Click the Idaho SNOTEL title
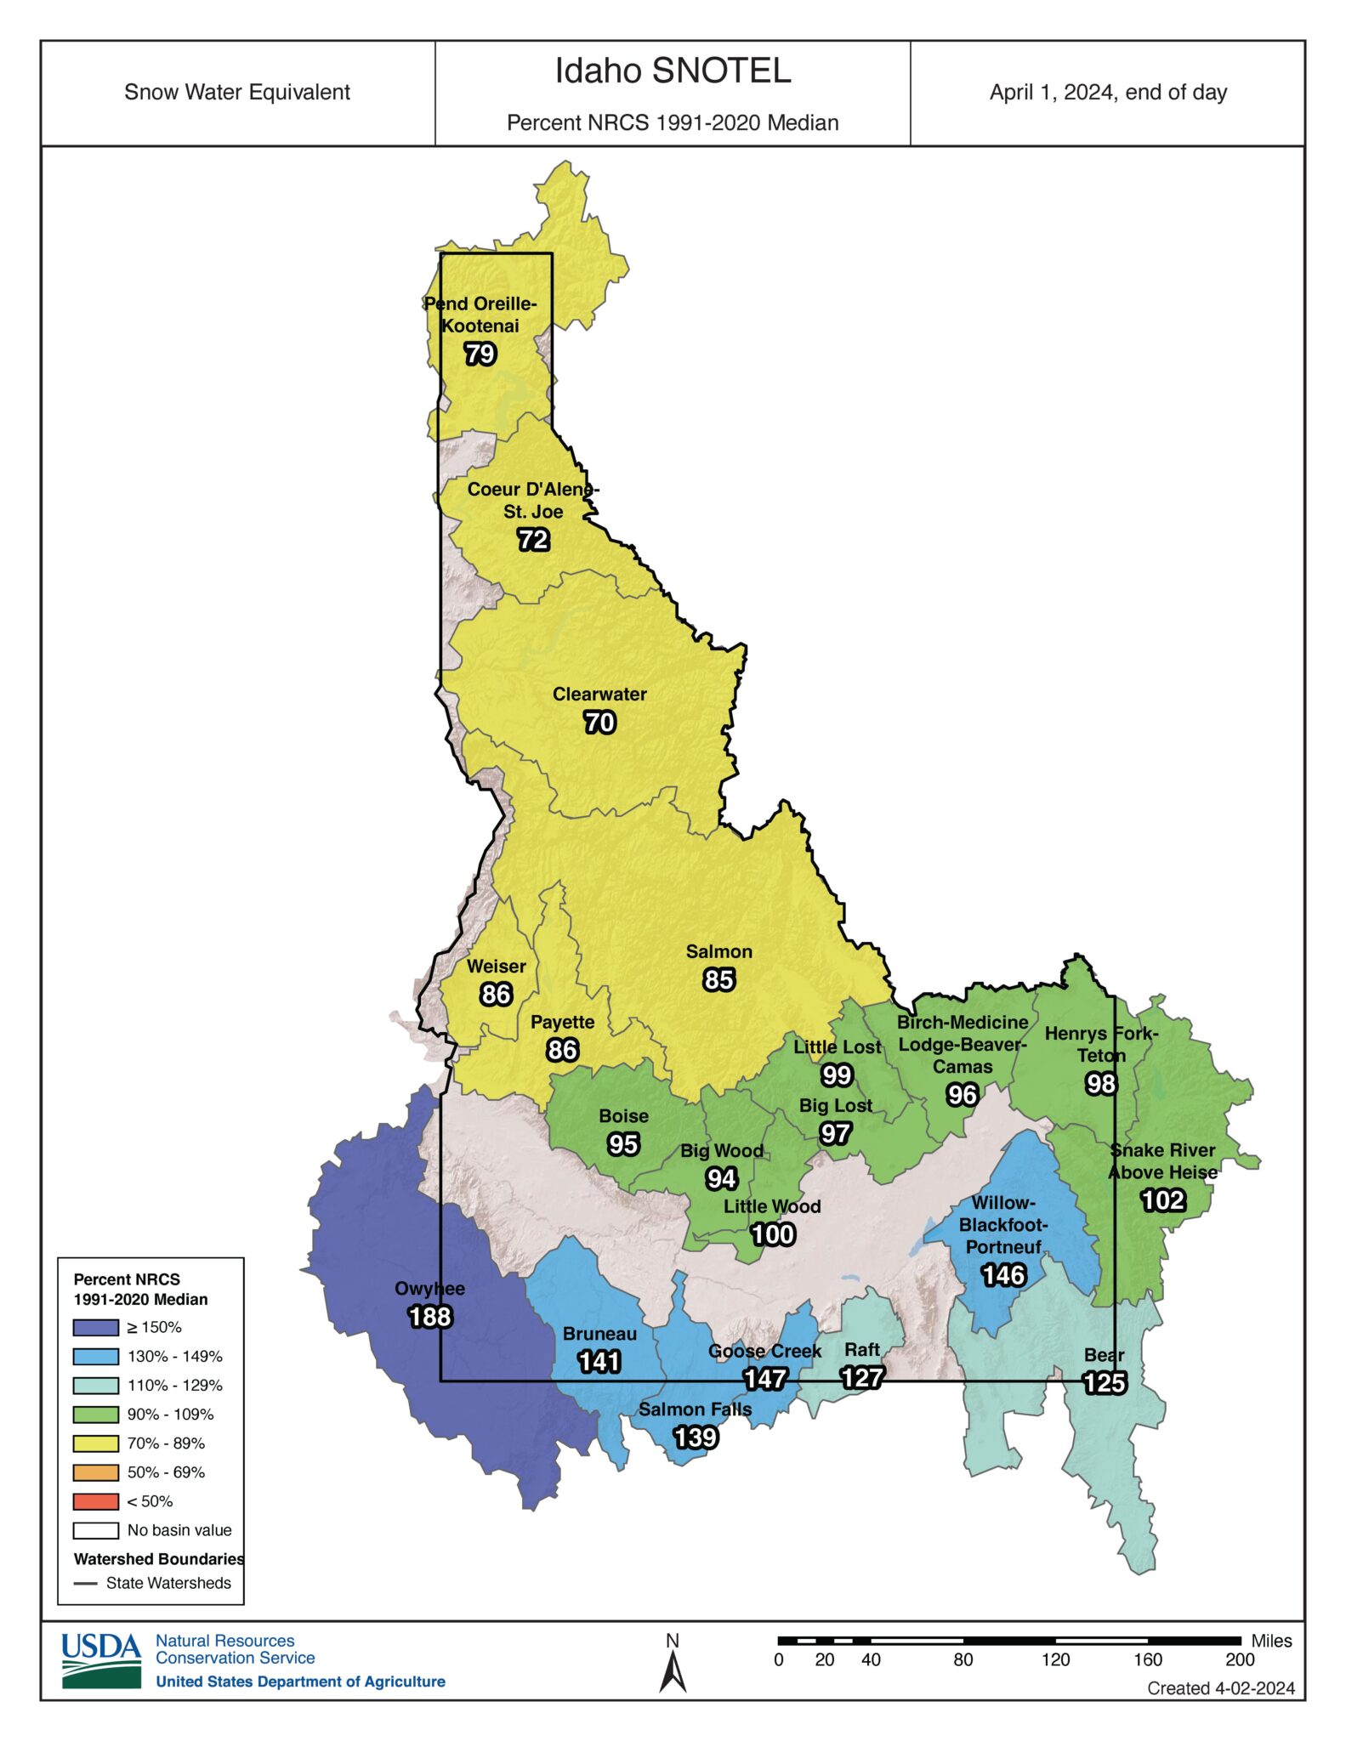[673, 71]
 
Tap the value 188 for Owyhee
[430, 1317]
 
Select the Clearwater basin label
[599, 695]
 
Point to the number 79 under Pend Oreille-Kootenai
[480, 354]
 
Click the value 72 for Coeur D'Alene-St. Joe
[533, 540]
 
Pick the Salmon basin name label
[718, 952]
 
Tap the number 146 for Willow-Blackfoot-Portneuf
[1003, 1275]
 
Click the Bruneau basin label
[599, 1334]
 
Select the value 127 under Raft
[862, 1377]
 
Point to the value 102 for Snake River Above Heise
[1162, 1200]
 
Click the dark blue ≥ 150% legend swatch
[95, 1328]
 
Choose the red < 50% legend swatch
[95, 1501]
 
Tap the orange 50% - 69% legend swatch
[95, 1472]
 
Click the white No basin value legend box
[95, 1530]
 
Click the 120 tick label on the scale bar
[1055, 1660]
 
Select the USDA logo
[101, 1659]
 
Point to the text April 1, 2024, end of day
[1108, 93]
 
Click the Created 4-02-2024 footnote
[1220, 1688]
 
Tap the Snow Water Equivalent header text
[237, 93]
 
